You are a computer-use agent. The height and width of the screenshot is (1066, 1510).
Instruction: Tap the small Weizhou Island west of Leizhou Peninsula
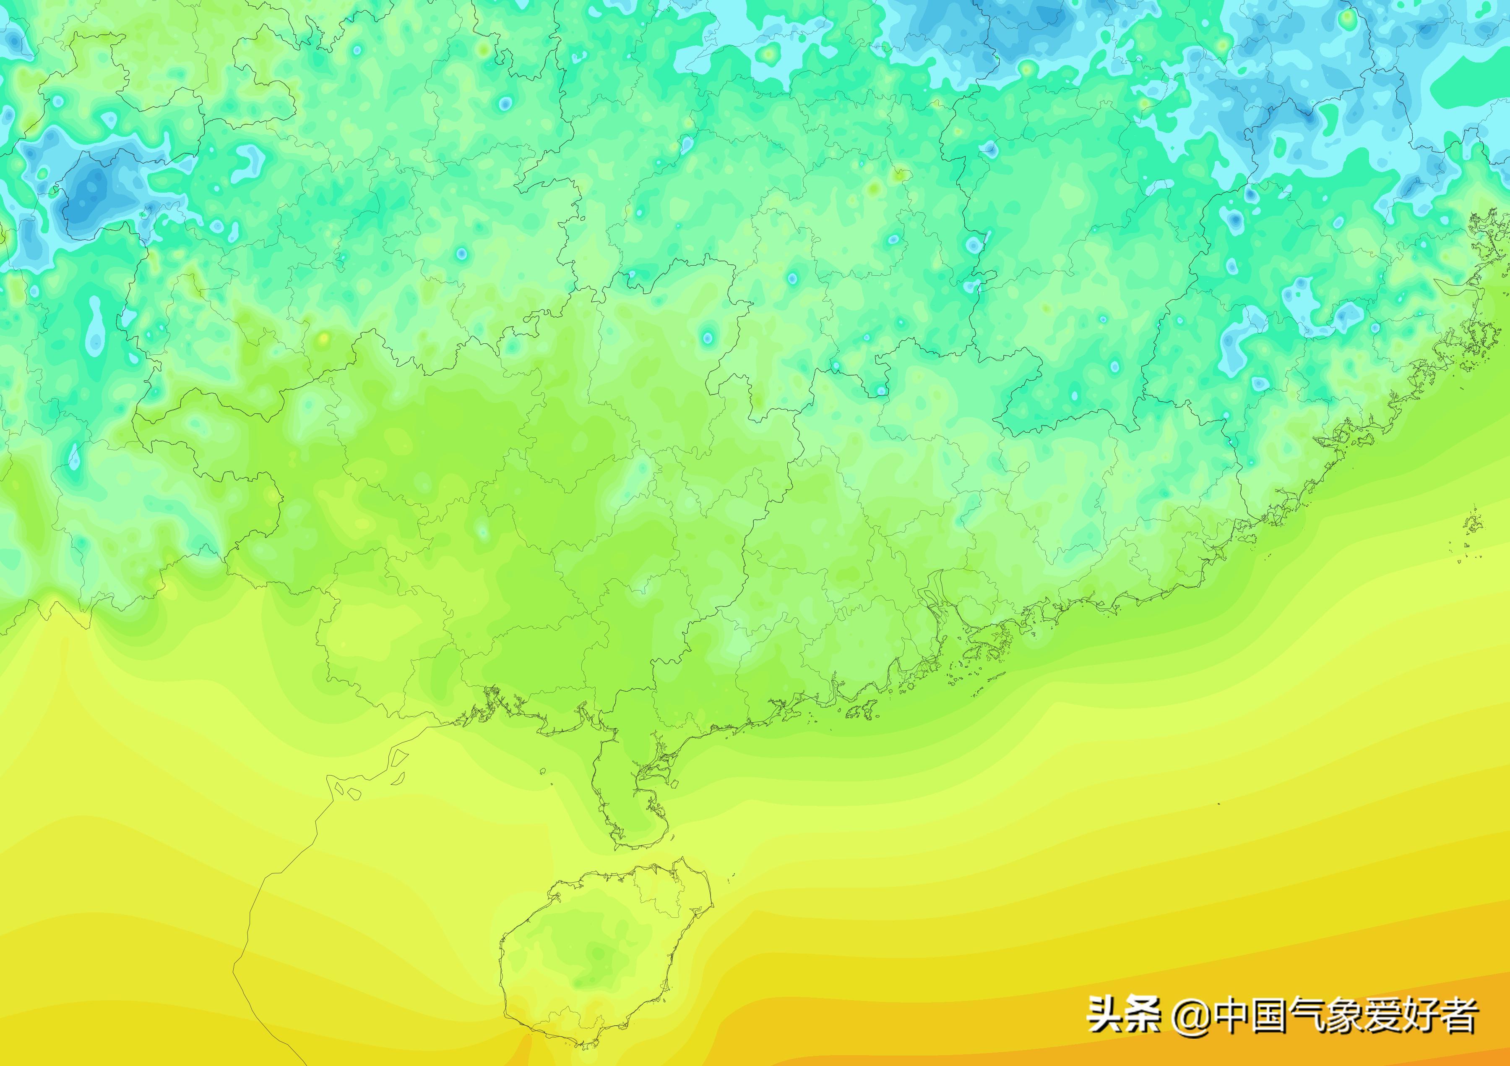click(x=543, y=771)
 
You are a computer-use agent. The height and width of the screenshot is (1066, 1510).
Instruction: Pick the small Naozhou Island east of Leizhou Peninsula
click(x=674, y=784)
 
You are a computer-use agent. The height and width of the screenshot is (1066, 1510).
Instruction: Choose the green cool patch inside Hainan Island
click(x=592, y=954)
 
